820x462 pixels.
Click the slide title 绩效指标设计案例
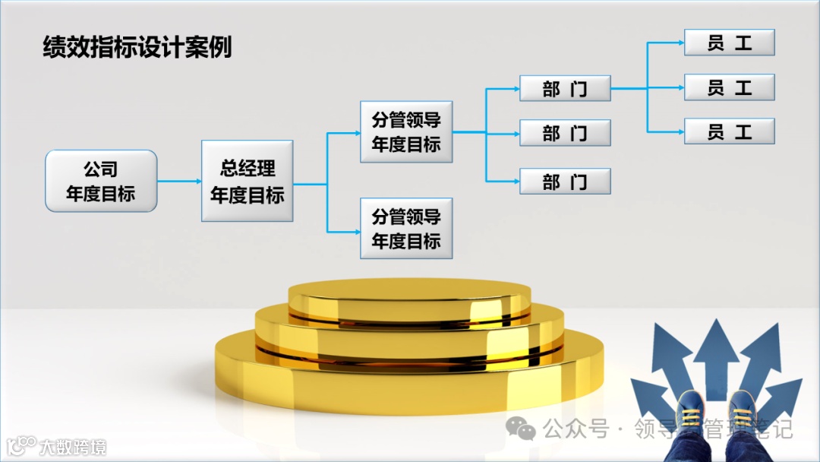pos(137,47)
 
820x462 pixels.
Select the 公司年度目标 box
pos(101,181)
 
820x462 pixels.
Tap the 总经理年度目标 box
pos(247,181)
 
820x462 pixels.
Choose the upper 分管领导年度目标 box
pos(406,131)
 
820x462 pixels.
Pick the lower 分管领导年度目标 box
pos(406,229)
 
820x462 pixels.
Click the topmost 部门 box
pos(565,89)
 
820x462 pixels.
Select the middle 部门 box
pos(565,133)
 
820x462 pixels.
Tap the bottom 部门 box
pos(565,182)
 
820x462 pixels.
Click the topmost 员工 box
pos(729,43)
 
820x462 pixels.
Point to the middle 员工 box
pos(729,87)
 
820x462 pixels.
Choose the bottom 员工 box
pos(729,131)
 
